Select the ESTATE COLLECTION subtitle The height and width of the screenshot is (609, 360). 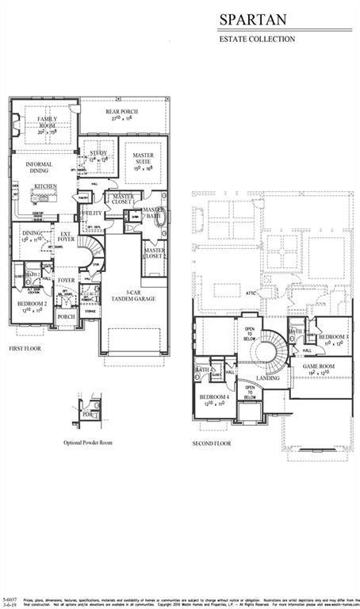257,39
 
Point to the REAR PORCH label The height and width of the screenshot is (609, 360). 122,112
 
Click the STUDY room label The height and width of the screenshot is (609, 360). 98,152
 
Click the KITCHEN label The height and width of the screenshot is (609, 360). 45,186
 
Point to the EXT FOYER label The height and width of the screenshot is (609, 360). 67,236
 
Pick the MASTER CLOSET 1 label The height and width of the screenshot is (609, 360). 123,198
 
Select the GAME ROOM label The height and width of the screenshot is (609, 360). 318,367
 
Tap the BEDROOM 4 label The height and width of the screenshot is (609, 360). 214,396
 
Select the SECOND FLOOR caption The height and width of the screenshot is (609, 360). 212,443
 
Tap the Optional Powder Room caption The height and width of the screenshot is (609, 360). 89,443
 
